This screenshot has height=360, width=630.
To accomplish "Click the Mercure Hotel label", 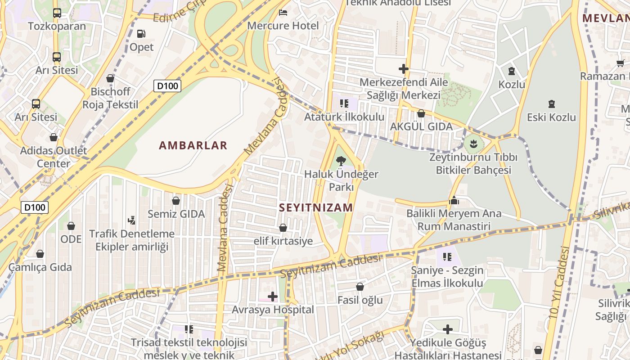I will click(x=283, y=26).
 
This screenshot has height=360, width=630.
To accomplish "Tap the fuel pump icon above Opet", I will click(x=141, y=33).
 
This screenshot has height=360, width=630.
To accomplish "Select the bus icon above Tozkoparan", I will click(x=57, y=13).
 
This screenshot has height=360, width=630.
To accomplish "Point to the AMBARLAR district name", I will click(x=193, y=145).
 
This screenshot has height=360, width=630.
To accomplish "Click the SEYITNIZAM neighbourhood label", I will click(x=316, y=207).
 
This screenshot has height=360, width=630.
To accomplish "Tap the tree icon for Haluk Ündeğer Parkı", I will click(x=341, y=161).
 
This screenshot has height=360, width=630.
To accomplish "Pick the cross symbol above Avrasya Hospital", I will click(x=272, y=296).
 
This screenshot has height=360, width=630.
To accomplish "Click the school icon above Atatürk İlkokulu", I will click(x=344, y=103).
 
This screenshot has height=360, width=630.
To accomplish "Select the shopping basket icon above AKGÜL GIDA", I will click(x=421, y=113).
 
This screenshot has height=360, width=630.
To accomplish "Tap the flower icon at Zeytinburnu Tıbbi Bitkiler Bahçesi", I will click(x=473, y=144).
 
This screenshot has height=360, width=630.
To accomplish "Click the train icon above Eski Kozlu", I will click(x=551, y=104).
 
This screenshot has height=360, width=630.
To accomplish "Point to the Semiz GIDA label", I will click(x=176, y=214).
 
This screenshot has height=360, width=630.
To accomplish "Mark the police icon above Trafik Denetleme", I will click(x=131, y=220).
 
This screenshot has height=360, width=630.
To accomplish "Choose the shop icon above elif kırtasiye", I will click(x=283, y=228).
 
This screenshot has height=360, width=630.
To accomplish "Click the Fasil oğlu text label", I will click(x=360, y=300).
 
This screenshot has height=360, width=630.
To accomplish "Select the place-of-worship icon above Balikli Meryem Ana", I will click(x=454, y=200).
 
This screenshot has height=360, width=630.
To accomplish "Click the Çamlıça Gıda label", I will click(x=40, y=267).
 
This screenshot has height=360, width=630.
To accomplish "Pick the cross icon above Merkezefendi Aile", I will click(x=403, y=69).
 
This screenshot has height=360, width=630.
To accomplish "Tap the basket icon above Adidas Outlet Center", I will click(x=54, y=137).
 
